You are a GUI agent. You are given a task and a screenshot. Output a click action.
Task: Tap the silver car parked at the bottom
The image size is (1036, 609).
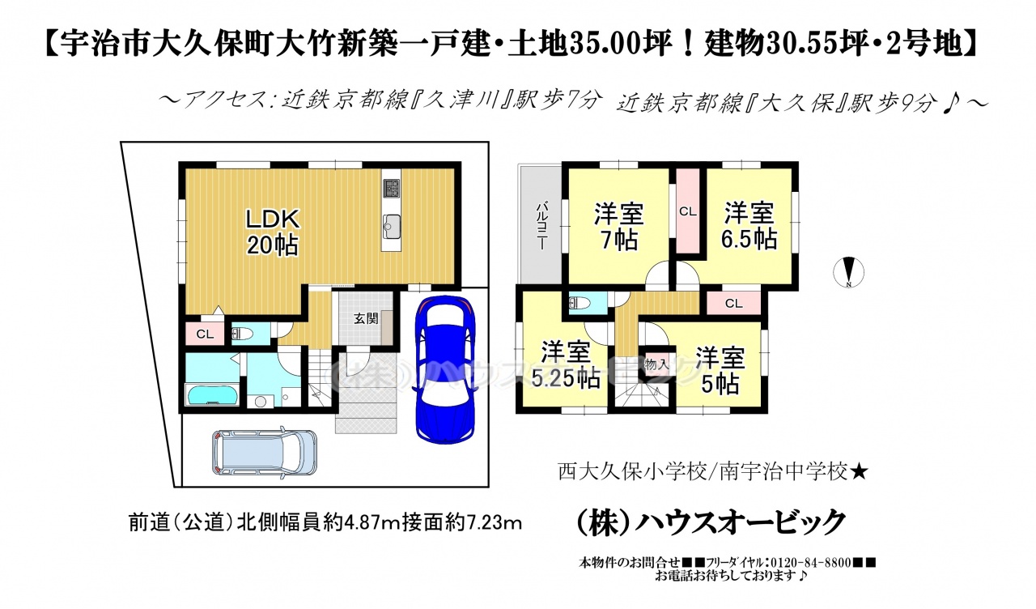[265, 453]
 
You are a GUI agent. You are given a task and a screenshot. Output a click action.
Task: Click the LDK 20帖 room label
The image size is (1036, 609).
[273, 232]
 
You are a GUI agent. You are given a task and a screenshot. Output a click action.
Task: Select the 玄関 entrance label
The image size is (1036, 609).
[366, 318]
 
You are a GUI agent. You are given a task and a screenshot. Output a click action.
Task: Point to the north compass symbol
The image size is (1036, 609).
[849, 272]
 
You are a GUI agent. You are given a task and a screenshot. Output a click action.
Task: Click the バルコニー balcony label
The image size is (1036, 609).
[542, 225]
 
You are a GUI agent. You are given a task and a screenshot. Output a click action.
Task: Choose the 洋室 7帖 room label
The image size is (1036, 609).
[619, 227]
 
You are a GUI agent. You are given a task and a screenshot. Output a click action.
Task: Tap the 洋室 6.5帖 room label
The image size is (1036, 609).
[749, 226]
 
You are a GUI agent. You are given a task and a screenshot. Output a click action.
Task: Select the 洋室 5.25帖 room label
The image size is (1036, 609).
[565, 365]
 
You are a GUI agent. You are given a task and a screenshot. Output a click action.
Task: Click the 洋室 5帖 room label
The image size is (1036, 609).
[720, 371]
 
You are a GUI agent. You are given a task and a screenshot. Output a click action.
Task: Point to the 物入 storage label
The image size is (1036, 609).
[656, 364]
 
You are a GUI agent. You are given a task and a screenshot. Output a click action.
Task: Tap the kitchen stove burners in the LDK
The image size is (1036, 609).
[391, 189]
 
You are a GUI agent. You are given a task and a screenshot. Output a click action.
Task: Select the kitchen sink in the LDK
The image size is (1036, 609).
[391, 227]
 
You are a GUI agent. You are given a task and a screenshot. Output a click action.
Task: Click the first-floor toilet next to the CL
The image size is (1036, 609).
[242, 334]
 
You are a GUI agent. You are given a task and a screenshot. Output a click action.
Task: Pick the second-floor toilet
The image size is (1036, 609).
[580, 303]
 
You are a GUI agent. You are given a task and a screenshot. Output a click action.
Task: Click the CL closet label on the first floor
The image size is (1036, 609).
[205, 334]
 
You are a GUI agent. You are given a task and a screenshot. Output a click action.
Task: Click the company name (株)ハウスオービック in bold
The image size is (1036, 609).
[711, 522]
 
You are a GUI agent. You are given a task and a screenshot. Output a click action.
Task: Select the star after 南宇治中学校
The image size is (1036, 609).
[860, 472]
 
